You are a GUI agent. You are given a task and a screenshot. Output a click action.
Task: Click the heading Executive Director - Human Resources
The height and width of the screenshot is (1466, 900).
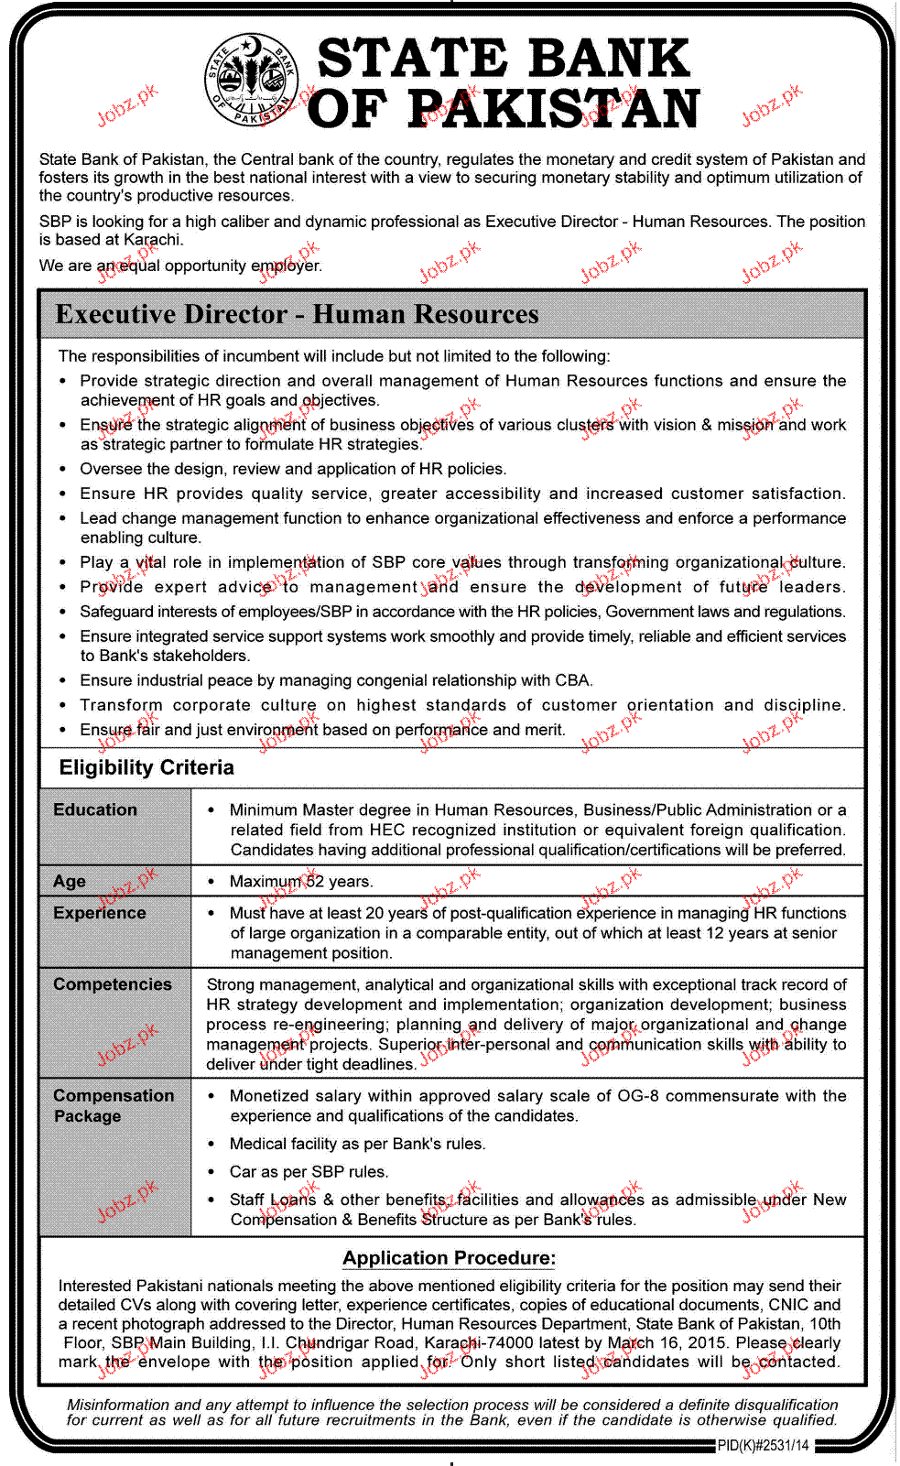tap(297, 314)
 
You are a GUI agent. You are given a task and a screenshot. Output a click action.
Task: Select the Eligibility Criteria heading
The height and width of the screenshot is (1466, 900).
tap(146, 767)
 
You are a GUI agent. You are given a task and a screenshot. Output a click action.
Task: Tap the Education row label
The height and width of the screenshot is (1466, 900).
tap(95, 809)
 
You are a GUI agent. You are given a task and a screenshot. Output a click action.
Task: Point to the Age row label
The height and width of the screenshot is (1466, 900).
tap(70, 881)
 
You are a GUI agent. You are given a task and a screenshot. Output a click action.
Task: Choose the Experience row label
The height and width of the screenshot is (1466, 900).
tap(100, 913)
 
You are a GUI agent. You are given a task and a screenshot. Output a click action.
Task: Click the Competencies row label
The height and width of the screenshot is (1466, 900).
tap(113, 984)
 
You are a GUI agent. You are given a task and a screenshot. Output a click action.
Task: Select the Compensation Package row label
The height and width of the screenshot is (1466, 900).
tap(113, 1105)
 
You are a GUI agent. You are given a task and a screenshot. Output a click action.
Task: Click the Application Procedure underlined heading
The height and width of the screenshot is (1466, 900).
tap(449, 1258)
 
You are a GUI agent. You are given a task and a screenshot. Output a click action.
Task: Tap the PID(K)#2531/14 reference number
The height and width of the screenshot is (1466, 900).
tap(764, 1446)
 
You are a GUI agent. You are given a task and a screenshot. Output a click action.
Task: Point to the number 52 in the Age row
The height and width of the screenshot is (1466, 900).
tap(314, 882)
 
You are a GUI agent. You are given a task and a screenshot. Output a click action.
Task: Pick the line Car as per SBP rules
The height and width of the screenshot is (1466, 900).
tap(309, 1172)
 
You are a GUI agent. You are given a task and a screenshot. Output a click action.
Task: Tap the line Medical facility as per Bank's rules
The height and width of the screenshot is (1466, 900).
tap(357, 1144)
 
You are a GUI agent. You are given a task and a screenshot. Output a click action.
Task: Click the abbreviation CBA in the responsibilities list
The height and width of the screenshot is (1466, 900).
tap(572, 680)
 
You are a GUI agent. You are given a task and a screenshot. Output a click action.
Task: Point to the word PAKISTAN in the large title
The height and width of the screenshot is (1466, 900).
tap(553, 110)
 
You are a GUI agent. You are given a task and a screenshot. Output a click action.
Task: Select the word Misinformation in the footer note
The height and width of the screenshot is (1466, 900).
tap(118, 1405)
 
